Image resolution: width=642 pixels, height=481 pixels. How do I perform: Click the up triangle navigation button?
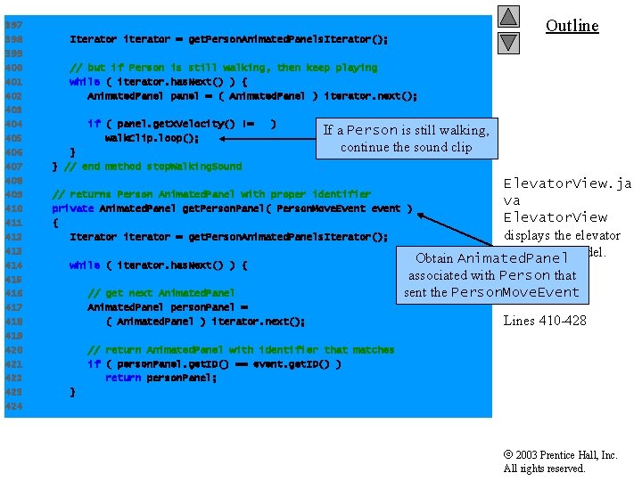tap(508, 16)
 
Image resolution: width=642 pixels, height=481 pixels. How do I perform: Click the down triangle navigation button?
tap(508, 42)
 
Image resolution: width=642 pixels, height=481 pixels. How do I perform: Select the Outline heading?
tap(572, 26)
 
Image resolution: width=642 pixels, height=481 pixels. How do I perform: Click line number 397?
tap(13, 25)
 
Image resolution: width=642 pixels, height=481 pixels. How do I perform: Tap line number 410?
tap(13, 208)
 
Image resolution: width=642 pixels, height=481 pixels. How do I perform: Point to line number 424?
tap(13, 406)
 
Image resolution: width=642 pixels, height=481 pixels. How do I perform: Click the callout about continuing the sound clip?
tap(406, 138)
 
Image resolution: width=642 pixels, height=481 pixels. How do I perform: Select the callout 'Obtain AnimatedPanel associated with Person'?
tap(491, 275)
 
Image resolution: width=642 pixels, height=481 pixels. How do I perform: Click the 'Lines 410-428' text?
tap(545, 321)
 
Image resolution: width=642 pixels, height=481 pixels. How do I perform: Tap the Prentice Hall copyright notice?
tap(560, 461)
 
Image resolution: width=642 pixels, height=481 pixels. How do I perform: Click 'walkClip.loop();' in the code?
tap(152, 138)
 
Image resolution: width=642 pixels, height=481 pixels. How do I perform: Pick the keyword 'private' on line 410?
tap(72, 208)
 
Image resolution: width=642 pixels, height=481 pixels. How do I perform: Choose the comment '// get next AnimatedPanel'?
tap(161, 293)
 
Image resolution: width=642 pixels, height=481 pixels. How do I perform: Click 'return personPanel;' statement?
tap(160, 378)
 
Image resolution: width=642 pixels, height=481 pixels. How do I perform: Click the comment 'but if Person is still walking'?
tap(223, 68)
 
